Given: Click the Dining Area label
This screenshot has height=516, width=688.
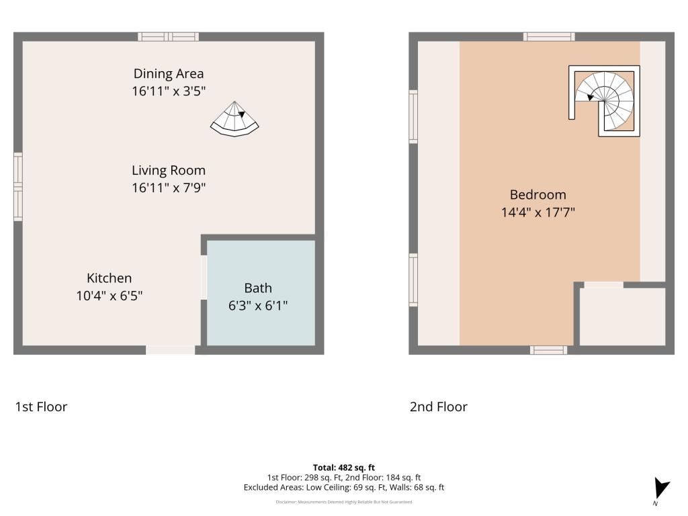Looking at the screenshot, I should (168, 74).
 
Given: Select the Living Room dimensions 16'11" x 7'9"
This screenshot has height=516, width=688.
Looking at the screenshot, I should (168, 188).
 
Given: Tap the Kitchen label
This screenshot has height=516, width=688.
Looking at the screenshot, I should (109, 278).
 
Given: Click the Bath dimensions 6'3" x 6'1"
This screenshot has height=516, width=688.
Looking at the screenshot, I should (258, 305).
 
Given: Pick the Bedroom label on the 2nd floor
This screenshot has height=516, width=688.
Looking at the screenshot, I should (537, 195).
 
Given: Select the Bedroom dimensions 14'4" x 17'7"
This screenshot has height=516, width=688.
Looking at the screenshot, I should (537, 212).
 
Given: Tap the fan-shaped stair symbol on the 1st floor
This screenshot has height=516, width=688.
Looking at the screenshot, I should (235, 120).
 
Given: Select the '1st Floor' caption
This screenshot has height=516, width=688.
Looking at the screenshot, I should (41, 406).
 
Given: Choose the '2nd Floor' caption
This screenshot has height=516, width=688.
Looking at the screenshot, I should (438, 406).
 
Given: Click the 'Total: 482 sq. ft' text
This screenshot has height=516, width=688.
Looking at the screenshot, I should (343, 468).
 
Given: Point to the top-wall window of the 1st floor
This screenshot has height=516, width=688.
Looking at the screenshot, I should (168, 37).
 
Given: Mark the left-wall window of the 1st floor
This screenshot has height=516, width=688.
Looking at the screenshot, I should (18, 187).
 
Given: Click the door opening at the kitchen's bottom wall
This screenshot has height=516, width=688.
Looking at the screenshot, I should (171, 349).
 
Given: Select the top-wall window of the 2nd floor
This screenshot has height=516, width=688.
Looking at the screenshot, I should (549, 37).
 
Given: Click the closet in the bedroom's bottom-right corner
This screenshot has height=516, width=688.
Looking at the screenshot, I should (622, 317).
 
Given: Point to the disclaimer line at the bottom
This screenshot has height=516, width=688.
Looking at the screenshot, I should (343, 502).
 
